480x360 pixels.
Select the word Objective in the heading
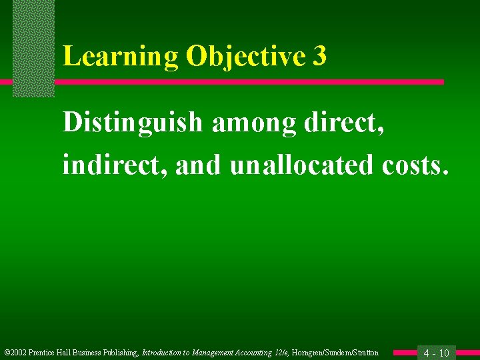point(244,57)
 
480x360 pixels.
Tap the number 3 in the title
point(319,57)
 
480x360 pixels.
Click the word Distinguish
point(132,122)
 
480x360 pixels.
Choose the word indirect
point(115,165)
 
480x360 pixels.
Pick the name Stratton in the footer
point(363,353)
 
